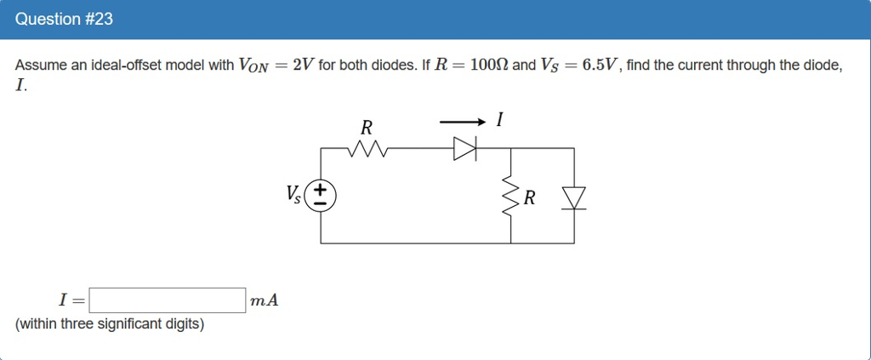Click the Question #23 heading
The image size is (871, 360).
coord(64,19)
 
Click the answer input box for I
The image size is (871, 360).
coord(168,300)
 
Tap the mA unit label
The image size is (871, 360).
coord(265,300)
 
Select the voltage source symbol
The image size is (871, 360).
coord(321,196)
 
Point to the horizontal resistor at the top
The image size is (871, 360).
coord(367,149)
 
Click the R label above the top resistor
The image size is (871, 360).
coord(367,129)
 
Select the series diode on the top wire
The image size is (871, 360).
coord(465,149)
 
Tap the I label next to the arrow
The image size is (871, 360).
coord(499,122)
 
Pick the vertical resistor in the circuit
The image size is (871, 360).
coord(510,197)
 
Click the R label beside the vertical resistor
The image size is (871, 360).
coord(530,198)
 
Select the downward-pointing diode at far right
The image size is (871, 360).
coord(575,197)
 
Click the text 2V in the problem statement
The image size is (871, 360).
coord(302,66)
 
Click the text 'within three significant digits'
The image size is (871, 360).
coord(110,324)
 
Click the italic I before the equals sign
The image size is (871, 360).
coord(62,300)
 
